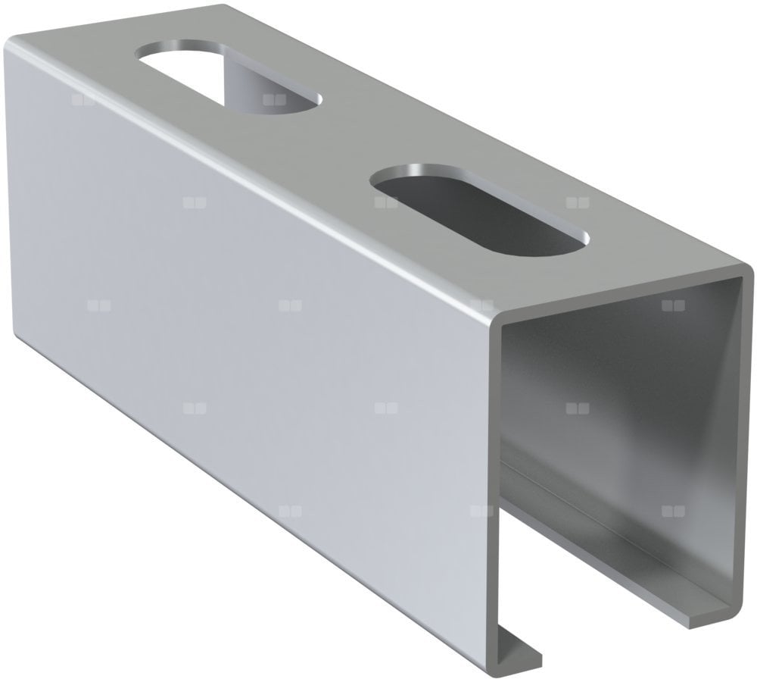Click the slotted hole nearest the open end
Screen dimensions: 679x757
tap(478, 210)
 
